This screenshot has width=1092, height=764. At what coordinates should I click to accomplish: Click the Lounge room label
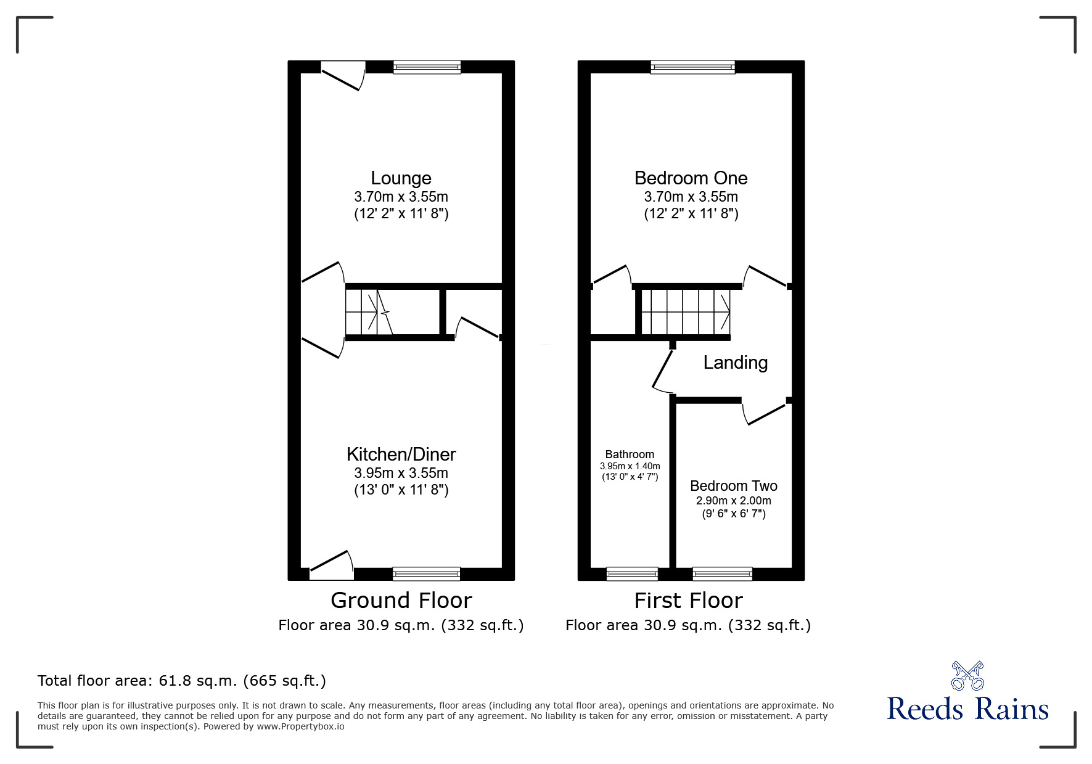click(x=401, y=178)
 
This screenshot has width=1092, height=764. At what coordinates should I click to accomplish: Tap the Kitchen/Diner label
click(x=401, y=454)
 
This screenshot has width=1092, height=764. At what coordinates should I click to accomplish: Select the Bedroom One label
click(x=691, y=178)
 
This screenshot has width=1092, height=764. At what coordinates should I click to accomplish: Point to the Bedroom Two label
click(x=733, y=486)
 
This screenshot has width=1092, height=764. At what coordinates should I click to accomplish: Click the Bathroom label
click(x=630, y=454)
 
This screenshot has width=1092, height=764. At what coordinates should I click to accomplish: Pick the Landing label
click(x=735, y=363)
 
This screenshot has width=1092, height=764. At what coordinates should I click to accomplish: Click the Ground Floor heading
click(x=401, y=600)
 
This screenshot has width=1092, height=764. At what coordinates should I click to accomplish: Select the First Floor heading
click(x=688, y=600)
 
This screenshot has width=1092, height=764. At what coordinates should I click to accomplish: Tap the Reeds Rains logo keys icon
click(x=967, y=676)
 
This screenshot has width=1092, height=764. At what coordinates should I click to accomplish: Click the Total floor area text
click(x=182, y=681)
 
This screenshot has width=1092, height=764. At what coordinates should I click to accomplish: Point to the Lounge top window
click(x=427, y=67)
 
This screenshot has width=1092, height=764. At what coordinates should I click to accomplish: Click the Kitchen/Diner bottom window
click(x=426, y=574)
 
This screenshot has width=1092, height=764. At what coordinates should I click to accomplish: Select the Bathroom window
click(x=632, y=574)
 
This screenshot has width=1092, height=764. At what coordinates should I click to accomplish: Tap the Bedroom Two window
click(x=722, y=574)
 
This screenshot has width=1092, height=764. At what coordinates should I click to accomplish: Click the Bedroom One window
click(x=692, y=67)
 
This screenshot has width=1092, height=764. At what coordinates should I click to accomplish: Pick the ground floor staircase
click(x=369, y=312)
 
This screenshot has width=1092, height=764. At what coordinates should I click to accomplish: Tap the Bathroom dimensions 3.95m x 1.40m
click(x=630, y=466)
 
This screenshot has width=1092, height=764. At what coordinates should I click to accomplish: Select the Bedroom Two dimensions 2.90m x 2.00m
click(x=733, y=501)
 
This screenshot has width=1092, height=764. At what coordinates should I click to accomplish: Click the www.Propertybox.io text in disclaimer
click(x=301, y=726)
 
